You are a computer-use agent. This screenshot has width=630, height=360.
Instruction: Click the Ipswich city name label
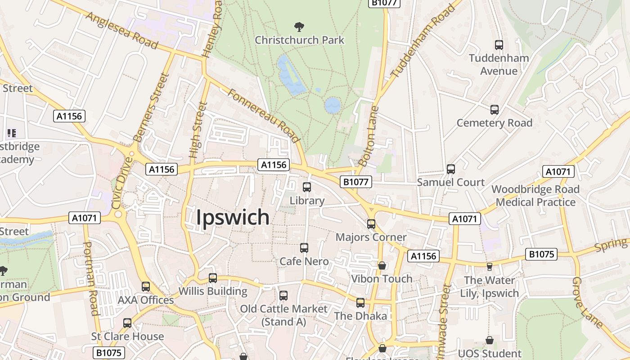(x=233, y=217)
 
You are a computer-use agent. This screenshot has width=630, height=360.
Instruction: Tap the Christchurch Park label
(x=299, y=40)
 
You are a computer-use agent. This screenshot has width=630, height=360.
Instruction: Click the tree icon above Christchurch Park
(x=298, y=27)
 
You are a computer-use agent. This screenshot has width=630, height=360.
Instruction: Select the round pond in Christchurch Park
(x=333, y=105)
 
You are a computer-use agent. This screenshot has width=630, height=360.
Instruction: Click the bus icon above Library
(x=307, y=187)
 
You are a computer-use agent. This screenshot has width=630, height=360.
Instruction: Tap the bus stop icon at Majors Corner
(x=371, y=224)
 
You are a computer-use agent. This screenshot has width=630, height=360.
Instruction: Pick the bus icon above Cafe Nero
(x=304, y=248)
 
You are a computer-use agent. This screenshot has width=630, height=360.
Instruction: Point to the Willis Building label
(x=213, y=291)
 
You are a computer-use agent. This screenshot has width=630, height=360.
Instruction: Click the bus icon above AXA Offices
(x=146, y=287)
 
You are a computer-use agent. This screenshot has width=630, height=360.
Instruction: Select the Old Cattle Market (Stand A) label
(x=283, y=315)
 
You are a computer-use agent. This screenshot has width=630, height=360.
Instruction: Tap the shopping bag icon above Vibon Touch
(x=382, y=265)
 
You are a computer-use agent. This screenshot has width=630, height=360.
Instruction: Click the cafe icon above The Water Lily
(x=490, y=267)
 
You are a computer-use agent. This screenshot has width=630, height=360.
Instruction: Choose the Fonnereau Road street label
(x=264, y=115)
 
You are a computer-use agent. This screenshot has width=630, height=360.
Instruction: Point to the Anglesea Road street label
(x=121, y=31)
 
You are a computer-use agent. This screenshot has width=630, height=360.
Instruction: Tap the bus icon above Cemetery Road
(x=495, y=110)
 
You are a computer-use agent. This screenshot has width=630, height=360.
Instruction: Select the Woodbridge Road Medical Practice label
(x=535, y=196)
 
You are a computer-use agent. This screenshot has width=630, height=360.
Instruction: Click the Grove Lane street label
(x=587, y=302)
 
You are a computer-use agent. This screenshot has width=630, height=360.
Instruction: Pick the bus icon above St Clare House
(x=127, y=323)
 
